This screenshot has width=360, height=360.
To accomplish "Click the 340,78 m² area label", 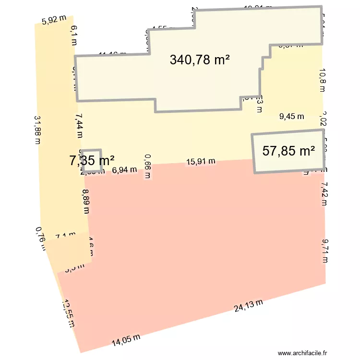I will coord(200,60).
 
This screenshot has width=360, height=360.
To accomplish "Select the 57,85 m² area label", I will coord(288,151).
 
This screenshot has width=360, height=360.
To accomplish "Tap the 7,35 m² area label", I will coord(92,161).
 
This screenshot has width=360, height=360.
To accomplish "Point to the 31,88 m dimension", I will coord(37,130).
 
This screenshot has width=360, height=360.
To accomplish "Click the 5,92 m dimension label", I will coord(53,20).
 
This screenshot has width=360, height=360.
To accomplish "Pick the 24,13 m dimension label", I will coord(249,306).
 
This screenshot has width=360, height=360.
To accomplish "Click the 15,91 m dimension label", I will coord(201,162).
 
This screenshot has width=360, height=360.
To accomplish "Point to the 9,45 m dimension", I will coord(292,116).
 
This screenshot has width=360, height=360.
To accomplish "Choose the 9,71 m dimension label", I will coord(325,251).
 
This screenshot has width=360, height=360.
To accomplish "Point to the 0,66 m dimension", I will coord(147,166).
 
